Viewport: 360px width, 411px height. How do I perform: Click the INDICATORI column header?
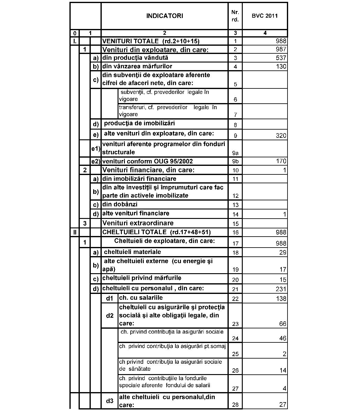click(x=164, y=16)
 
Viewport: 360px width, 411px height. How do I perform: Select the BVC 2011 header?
click(x=265, y=16)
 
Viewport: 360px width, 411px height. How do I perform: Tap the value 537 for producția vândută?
click(x=281, y=58)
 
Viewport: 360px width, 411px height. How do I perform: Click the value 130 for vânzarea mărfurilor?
click(x=281, y=66)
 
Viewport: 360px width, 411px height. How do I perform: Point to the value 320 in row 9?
click(x=281, y=136)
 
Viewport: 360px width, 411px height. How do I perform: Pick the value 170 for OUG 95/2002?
click(x=281, y=161)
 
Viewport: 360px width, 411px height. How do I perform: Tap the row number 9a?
click(x=235, y=153)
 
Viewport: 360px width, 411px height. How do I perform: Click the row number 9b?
click(x=235, y=161)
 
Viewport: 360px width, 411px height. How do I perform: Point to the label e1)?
click(x=96, y=148)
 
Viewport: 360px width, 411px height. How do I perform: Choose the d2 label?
click(x=110, y=316)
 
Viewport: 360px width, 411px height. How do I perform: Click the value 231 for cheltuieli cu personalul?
click(x=281, y=289)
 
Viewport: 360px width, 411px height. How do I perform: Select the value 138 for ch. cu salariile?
click(x=281, y=298)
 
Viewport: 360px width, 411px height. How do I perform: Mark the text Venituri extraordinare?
click(x=138, y=223)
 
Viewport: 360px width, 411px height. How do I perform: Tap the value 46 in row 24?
click(x=283, y=338)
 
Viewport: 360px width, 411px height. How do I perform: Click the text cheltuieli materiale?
click(x=132, y=252)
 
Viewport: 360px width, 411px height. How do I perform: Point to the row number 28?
click(x=235, y=405)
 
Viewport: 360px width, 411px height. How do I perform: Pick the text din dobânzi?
click(x=120, y=204)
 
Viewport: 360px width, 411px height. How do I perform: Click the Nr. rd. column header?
click(x=235, y=16)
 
